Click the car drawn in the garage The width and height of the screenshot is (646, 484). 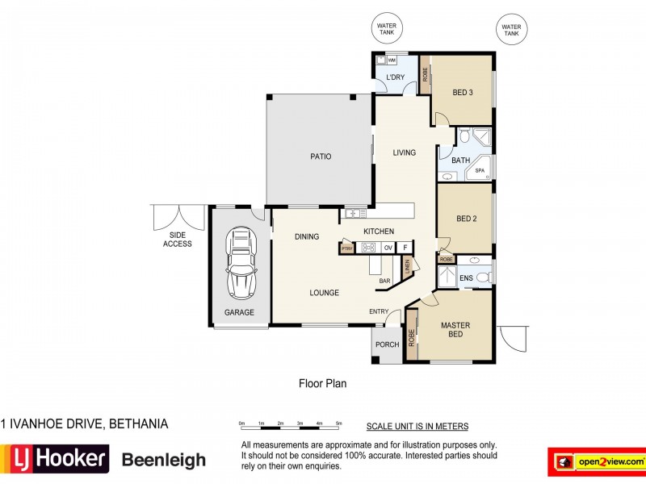click(x=241, y=262)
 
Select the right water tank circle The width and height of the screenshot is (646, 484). click(x=510, y=31)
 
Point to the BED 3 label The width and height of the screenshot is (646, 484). click(x=462, y=93)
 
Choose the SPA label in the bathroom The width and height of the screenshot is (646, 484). click(x=479, y=171)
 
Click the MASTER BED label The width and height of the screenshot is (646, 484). click(x=455, y=330)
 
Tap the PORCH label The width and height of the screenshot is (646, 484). click(x=388, y=345)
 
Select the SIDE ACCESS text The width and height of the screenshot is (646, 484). click(x=177, y=240)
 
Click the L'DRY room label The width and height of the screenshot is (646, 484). click(x=396, y=77)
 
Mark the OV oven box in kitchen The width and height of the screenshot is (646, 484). click(x=388, y=248)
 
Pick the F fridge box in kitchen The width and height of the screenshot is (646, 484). click(x=405, y=248)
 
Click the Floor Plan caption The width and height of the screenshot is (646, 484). click(x=322, y=384)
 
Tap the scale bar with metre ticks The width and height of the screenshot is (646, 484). click(x=290, y=424)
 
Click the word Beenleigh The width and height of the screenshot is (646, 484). click(x=163, y=461)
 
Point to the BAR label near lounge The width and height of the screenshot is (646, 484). click(x=385, y=281)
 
